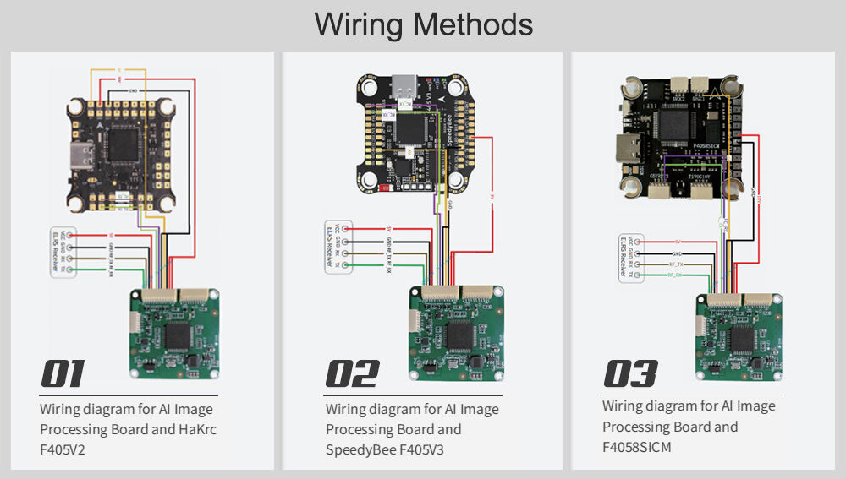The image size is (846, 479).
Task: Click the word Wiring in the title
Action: [x=356, y=24]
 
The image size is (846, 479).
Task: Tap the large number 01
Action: [x=63, y=373]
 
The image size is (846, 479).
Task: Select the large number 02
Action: [x=352, y=373]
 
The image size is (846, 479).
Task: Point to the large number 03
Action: [x=632, y=373]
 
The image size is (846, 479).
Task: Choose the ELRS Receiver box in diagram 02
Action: [x=338, y=247]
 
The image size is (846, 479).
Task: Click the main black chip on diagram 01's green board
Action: [x=177, y=336]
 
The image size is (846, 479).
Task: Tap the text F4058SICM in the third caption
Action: [x=636, y=446]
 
